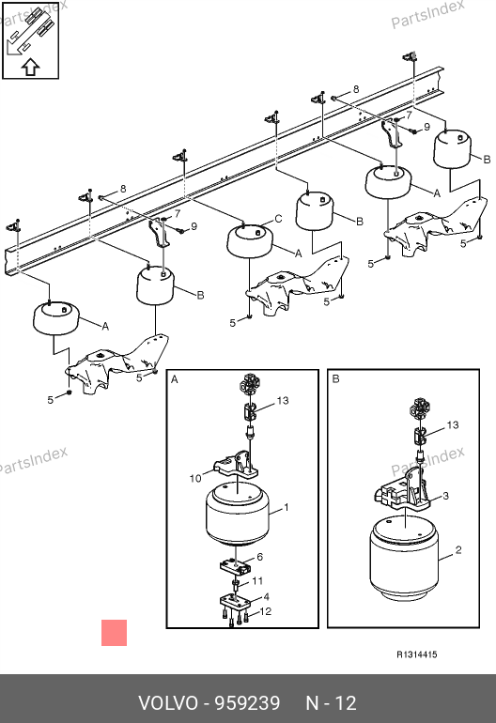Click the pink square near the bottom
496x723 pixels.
(x=114, y=633)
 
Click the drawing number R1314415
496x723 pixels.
(x=417, y=654)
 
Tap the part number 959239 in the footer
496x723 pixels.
(x=248, y=703)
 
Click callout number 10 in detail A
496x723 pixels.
(x=195, y=479)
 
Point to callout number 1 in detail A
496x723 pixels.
(x=287, y=507)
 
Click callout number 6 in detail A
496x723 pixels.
(x=260, y=557)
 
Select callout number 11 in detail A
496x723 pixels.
(x=257, y=581)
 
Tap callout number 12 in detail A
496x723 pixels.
(x=266, y=611)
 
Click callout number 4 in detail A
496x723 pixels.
(x=266, y=596)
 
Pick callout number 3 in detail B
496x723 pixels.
(x=445, y=496)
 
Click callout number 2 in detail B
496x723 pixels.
(x=458, y=549)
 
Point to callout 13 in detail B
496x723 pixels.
(x=453, y=424)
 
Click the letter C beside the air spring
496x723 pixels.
(x=278, y=219)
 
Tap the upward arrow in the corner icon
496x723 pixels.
(x=30, y=68)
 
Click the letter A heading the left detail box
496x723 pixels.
(x=175, y=379)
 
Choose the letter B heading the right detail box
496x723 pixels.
(x=336, y=379)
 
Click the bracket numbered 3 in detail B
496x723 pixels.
(x=401, y=493)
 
